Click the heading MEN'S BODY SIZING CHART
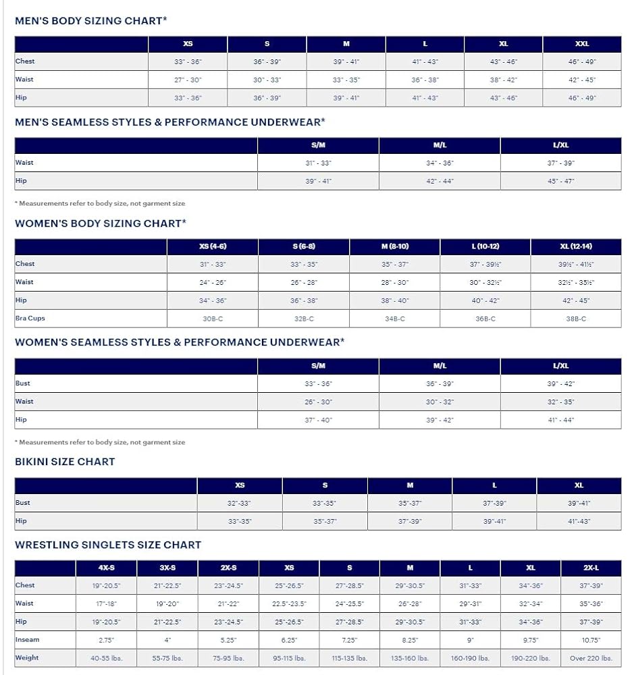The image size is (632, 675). click(90, 21)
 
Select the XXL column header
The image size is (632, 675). click(581, 44)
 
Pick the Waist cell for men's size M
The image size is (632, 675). click(346, 80)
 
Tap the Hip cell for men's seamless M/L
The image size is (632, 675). click(439, 181)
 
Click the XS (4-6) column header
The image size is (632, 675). click(212, 246)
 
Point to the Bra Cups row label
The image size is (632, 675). click(30, 318)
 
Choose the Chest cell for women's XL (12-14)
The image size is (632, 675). click(575, 264)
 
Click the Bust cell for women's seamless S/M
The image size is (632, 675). click(318, 383)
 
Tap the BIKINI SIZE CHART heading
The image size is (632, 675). click(65, 462)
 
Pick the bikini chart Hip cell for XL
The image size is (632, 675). click(578, 521)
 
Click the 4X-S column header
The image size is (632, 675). click(106, 568)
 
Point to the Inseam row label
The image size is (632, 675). click(28, 639)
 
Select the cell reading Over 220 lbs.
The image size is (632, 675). click(591, 658)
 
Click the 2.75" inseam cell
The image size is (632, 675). click(106, 640)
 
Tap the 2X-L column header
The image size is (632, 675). click(591, 568)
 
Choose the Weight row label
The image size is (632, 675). click(27, 657)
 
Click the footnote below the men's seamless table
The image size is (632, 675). click(100, 203)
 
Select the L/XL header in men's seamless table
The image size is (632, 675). click(560, 145)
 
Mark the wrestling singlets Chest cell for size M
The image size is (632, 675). click(410, 585)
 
